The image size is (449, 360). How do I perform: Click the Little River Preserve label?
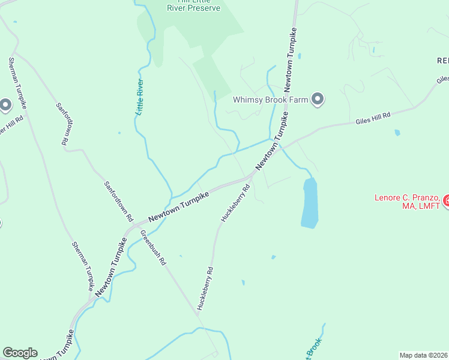[x=193, y=5]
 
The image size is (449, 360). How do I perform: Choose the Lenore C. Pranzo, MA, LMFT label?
[x=408, y=202]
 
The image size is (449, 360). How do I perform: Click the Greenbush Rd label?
[x=153, y=248]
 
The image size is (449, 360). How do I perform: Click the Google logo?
[x=20, y=353]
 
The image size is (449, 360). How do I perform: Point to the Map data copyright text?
[x=424, y=355]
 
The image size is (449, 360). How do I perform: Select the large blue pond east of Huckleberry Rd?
[x=309, y=203]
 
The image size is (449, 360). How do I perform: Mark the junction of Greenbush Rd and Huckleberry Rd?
[x=197, y=313]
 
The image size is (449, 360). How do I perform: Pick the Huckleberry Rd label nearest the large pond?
[x=236, y=204]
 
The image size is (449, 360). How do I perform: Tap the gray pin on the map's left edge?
[x=5, y=106]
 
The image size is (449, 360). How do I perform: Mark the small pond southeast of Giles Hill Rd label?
[x=397, y=133]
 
